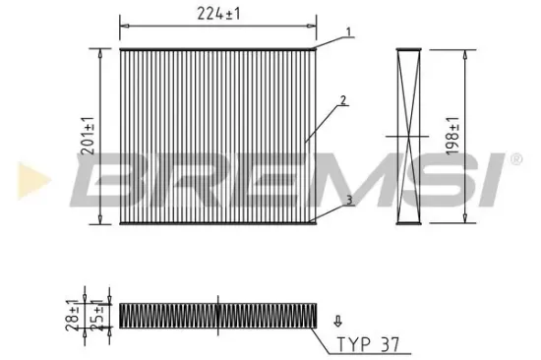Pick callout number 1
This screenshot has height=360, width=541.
348,32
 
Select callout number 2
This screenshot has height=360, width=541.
342,99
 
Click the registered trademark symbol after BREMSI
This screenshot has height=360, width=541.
515,156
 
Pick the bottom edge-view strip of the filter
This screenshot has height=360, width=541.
218,315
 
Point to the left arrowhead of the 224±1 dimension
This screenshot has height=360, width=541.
122,22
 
